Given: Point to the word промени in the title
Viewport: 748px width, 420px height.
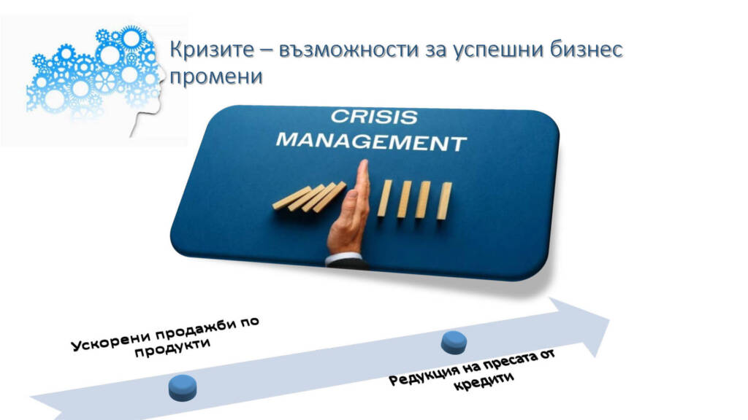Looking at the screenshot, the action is pyautogui.click(x=216, y=76).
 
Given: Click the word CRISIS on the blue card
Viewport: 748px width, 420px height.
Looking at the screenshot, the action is pyautogui.click(x=374, y=117).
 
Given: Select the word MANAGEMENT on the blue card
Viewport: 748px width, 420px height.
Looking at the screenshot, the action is pyautogui.click(x=372, y=141).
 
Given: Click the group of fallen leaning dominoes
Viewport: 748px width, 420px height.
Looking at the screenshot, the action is pyautogui.click(x=309, y=196).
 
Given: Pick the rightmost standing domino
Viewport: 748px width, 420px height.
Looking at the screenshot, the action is pyautogui.click(x=445, y=201).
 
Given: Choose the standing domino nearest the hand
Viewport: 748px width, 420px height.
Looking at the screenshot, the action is pyautogui.click(x=384, y=198).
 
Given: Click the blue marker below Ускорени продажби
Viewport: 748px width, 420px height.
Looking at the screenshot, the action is pyautogui.click(x=183, y=388).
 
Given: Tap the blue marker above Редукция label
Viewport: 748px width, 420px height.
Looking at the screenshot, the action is pyautogui.click(x=454, y=343).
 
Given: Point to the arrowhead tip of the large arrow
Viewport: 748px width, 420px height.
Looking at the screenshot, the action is pyautogui.click(x=610, y=318).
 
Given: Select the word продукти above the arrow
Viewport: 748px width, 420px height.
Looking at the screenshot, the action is pyautogui.click(x=172, y=348).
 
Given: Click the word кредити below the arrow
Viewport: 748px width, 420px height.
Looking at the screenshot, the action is pyautogui.click(x=484, y=381).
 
